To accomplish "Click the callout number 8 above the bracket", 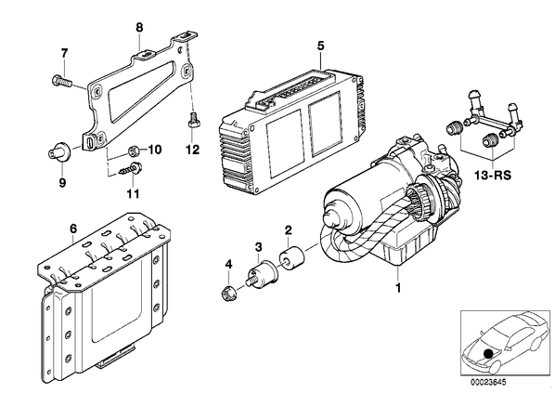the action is click(x=139, y=28).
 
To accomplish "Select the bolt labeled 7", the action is click(x=61, y=81).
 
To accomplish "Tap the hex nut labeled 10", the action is click(x=134, y=151).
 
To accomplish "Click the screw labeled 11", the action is click(x=131, y=169).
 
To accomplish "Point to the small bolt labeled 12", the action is click(x=193, y=121).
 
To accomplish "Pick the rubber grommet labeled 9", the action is click(x=58, y=152).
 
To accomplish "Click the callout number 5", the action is click(x=321, y=46).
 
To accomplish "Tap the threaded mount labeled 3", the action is click(x=262, y=275).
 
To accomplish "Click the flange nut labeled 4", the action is click(x=227, y=293).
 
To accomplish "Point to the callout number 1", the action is click(x=398, y=288).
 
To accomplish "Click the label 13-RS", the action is click(x=493, y=175).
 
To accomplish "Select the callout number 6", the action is click(x=73, y=229).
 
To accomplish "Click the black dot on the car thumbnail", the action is click(x=488, y=354).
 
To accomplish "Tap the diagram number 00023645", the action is click(x=488, y=383).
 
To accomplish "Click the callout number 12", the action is click(x=193, y=150).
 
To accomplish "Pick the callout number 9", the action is click(x=62, y=183).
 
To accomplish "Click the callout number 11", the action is click(x=134, y=194).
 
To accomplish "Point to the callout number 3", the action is click(x=259, y=247).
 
